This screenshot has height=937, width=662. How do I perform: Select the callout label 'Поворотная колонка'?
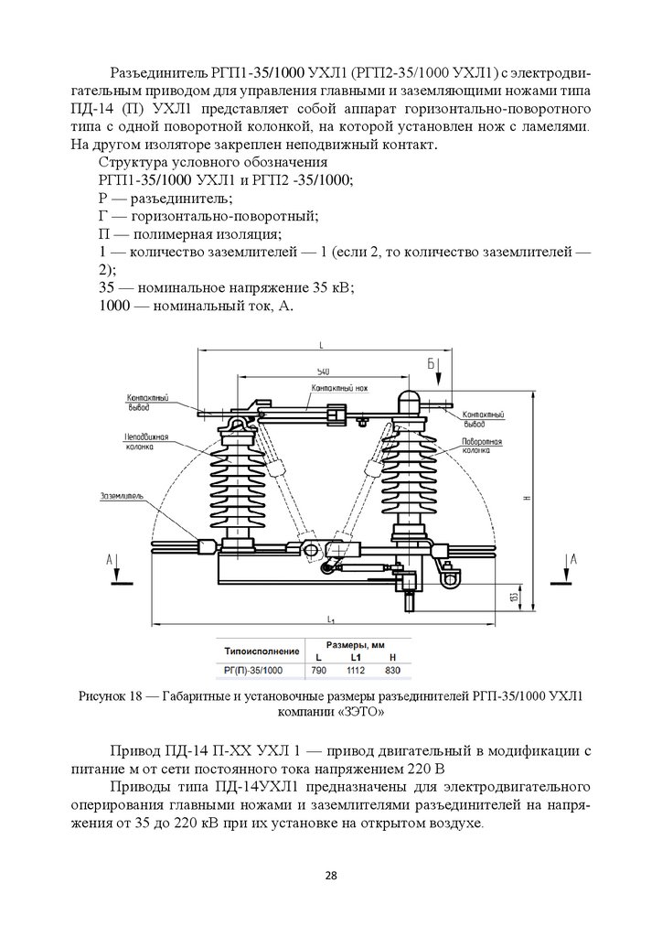tap(483, 446)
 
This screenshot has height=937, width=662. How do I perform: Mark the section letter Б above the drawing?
tap(430, 363)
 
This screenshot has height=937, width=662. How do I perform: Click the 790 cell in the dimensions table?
tap(318, 671)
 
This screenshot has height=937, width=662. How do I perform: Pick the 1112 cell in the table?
tap(356, 671)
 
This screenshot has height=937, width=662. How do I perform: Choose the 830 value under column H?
tap(392, 671)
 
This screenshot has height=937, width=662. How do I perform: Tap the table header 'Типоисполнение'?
tap(262, 651)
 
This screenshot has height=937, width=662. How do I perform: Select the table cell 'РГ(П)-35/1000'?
tap(254, 671)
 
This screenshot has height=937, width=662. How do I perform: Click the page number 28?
tap(331, 876)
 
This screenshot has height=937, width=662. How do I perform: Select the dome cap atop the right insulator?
tap(406, 399)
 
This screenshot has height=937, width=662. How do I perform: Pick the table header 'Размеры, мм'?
tap(355, 644)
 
